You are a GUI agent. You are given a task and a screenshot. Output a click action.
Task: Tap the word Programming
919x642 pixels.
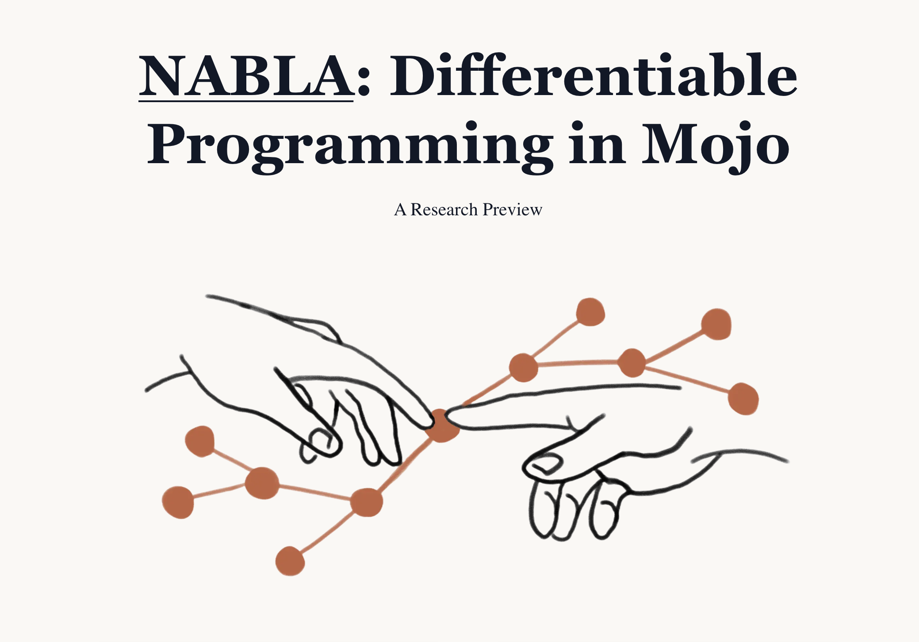point(350,146)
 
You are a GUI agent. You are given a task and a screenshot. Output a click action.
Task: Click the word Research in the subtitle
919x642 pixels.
point(444,210)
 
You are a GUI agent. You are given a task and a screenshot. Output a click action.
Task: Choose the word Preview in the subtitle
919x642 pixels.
point(513,210)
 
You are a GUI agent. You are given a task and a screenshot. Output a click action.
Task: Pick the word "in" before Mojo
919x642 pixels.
point(597,142)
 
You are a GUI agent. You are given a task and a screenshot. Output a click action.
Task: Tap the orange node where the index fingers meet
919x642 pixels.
point(442,426)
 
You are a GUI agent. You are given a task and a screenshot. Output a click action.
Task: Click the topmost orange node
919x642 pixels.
point(590,312)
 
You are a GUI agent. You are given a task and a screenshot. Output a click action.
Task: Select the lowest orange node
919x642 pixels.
point(290,561)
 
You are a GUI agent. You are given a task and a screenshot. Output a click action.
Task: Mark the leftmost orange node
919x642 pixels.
point(178,502)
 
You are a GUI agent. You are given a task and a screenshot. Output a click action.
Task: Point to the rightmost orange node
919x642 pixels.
point(743,399)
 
